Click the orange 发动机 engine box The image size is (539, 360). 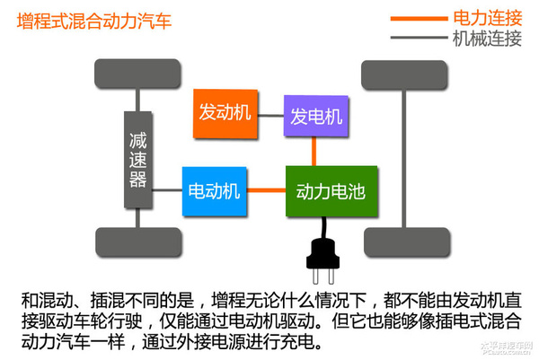click(x=225, y=112)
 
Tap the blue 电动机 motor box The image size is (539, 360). click(x=213, y=191)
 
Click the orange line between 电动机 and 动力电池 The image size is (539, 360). click(x=265, y=190)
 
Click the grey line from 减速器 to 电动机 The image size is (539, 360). click(x=166, y=190)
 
